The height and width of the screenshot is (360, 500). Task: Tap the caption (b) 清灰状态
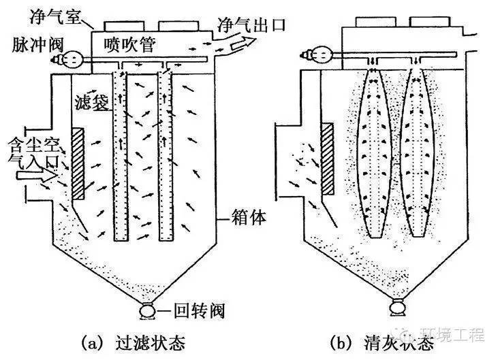[386, 338]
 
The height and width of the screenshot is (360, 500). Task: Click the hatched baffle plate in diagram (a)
[78, 162]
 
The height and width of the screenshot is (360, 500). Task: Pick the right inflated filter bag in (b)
[414, 153]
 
